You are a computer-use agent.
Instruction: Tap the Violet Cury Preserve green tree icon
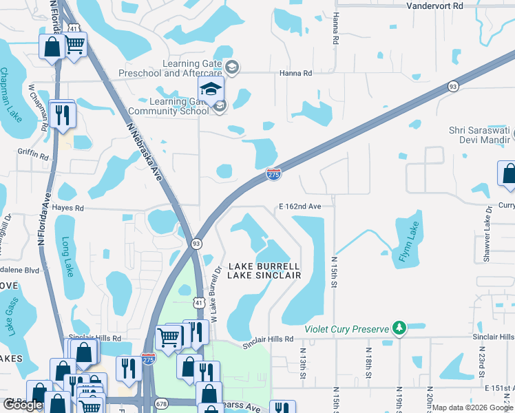(398, 328)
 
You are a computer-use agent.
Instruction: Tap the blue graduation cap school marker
(211, 89)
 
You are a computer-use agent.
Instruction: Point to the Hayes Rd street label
(70, 207)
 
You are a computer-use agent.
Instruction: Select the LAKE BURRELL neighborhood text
(264, 266)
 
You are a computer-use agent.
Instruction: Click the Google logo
(23, 405)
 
